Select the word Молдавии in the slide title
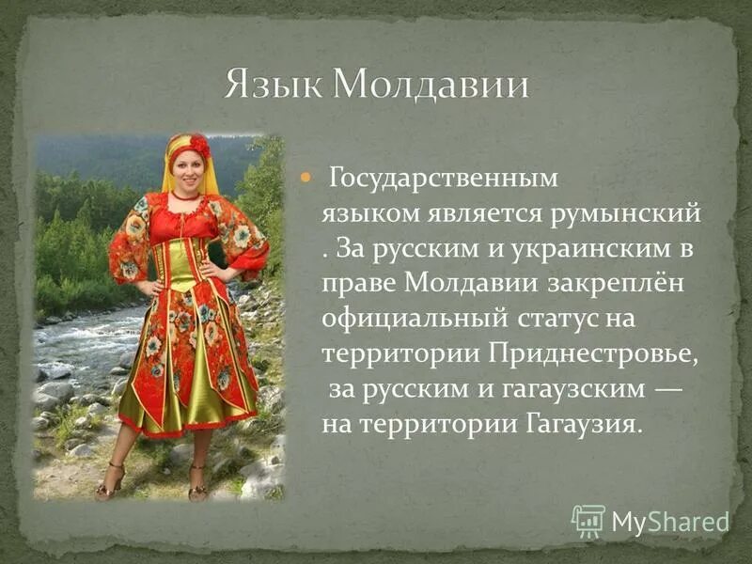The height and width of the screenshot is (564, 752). tap(431, 86)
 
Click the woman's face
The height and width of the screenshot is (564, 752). tap(188, 173)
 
